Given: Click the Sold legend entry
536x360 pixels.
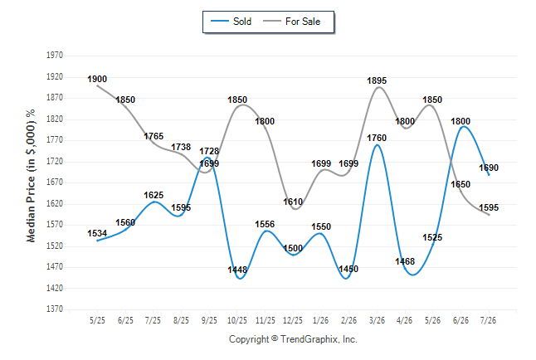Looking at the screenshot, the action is click(x=231, y=22).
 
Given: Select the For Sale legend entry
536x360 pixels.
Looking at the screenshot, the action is click(x=291, y=22).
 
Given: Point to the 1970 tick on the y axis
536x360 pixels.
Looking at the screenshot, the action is click(x=55, y=56).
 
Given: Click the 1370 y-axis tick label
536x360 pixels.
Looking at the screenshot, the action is click(x=55, y=309).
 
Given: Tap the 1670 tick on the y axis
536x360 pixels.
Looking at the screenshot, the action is click(x=55, y=182).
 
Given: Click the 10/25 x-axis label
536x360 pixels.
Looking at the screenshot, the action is click(x=237, y=320).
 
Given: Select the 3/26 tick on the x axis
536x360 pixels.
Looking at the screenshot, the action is click(x=377, y=320).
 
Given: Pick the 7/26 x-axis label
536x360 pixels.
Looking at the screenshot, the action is click(x=488, y=320).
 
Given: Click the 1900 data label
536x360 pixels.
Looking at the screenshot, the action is click(x=97, y=79).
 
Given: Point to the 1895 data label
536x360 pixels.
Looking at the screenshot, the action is click(x=377, y=80).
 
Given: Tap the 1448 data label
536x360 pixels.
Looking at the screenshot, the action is click(x=237, y=270).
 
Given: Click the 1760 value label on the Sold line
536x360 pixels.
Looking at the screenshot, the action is click(x=377, y=139).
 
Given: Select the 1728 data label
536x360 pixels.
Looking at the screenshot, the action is click(x=209, y=151).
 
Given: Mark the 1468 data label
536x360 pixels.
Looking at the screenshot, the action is click(x=405, y=261).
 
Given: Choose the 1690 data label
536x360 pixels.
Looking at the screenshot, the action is click(x=489, y=168).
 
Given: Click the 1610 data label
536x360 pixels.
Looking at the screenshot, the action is click(x=293, y=202).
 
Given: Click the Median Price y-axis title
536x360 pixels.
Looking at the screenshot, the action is click(x=31, y=176).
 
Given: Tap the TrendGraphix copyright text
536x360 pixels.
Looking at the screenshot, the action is click(x=293, y=339).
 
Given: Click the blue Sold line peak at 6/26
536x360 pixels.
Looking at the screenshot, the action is click(x=463, y=127).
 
